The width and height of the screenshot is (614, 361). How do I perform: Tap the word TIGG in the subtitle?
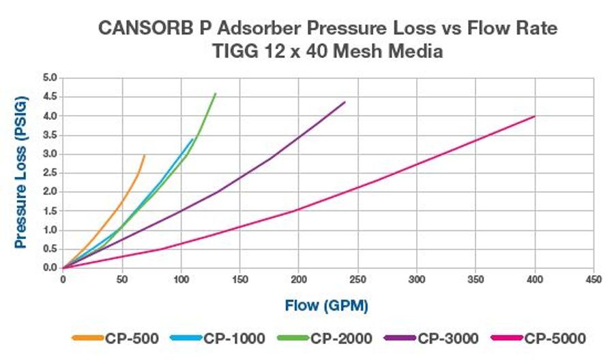tap(193, 50)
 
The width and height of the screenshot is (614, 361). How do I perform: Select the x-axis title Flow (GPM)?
tap(327, 306)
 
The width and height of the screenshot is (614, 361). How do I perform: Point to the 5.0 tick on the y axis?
tap(50, 78)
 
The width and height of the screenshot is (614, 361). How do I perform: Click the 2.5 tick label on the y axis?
tap(50, 173)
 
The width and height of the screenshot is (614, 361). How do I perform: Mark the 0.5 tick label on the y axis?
tap(50, 249)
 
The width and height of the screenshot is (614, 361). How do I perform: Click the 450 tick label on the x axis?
tap(594, 279)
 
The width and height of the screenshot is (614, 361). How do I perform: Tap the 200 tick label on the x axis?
tap(299, 279)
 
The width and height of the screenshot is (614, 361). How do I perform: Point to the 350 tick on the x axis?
tap(476, 279)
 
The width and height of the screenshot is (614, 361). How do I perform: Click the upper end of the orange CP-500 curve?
tap(145, 155)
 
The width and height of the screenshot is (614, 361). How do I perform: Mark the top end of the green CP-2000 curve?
tap(216, 93)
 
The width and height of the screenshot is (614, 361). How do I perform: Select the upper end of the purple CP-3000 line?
tap(345, 102)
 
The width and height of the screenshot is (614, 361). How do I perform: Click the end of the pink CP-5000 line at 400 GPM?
tap(535, 116)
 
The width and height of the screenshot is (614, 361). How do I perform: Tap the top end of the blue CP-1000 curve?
tap(193, 139)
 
